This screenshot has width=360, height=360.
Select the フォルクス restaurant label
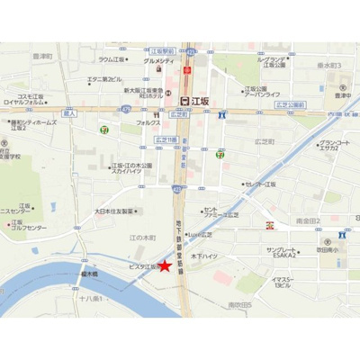[148, 121]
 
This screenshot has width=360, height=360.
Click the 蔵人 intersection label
[71, 115]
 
